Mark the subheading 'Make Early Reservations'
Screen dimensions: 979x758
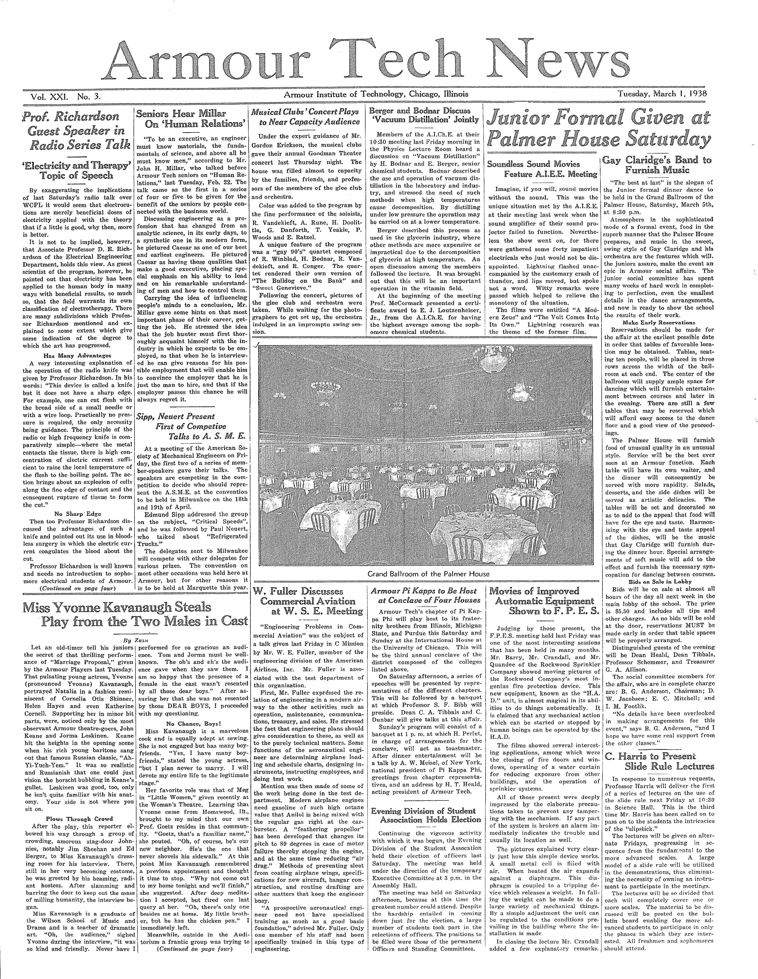[x=659, y=323]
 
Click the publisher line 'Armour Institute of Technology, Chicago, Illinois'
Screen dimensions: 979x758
[x=375, y=94]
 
